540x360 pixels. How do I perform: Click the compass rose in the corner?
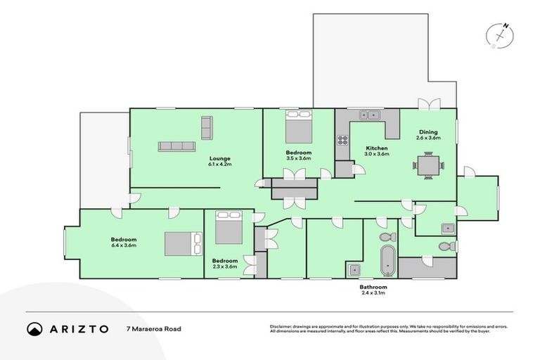pyautogui.click(x=500, y=34)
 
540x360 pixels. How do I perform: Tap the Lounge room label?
pyautogui.click(x=219, y=158)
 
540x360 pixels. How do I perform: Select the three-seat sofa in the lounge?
pyautogui.click(x=176, y=146)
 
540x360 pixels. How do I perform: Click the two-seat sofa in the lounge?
pyautogui.click(x=207, y=128)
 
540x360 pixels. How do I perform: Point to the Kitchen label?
pyautogui.click(x=377, y=148)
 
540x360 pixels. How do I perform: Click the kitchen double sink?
pyautogui.click(x=368, y=115)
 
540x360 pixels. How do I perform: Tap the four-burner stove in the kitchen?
pyautogui.click(x=342, y=140)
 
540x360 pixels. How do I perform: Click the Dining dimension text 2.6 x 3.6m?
pyautogui.click(x=428, y=138)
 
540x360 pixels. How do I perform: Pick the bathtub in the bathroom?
pyautogui.click(x=387, y=260)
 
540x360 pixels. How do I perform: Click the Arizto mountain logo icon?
pyautogui.click(x=34, y=328)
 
